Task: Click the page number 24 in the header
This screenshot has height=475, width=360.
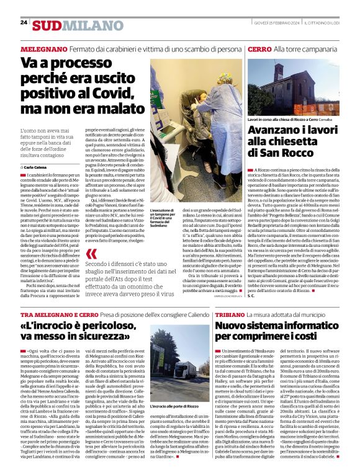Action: tap(24, 22)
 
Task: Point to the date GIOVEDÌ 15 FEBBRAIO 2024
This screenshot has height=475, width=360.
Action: tap(273, 22)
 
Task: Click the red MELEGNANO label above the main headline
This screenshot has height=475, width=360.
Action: tap(44, 48)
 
